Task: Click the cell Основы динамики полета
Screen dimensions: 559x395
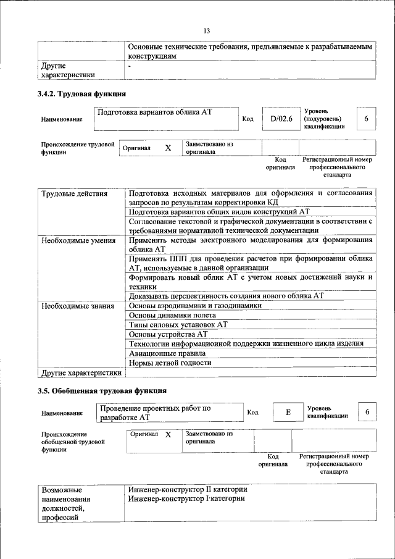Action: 172,314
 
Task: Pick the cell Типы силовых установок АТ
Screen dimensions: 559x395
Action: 178,324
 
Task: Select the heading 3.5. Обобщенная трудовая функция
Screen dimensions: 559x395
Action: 101,391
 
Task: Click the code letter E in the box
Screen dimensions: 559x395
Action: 287,413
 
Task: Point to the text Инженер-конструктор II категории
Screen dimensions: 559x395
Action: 188,489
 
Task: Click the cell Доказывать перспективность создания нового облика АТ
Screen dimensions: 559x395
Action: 226,295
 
